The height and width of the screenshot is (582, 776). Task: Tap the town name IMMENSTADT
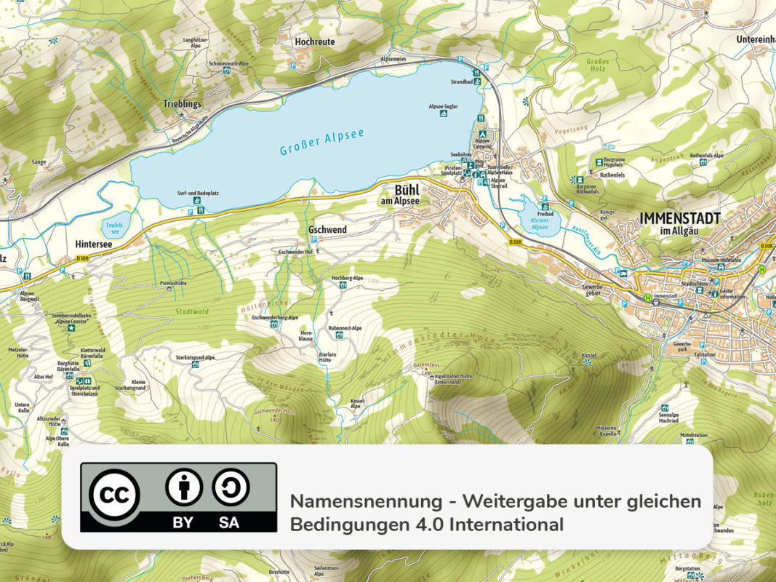tap(680, 218)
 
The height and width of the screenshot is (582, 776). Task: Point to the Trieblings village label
tap(182, 105)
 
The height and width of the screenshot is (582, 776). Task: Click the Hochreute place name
tap(315, 41)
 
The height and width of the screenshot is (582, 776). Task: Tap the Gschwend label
tap(327, 230)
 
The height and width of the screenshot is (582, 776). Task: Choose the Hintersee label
tap(94, 244)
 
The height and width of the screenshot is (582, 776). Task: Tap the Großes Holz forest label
tap(597, 66)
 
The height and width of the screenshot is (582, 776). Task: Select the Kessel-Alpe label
tap(356, 403)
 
